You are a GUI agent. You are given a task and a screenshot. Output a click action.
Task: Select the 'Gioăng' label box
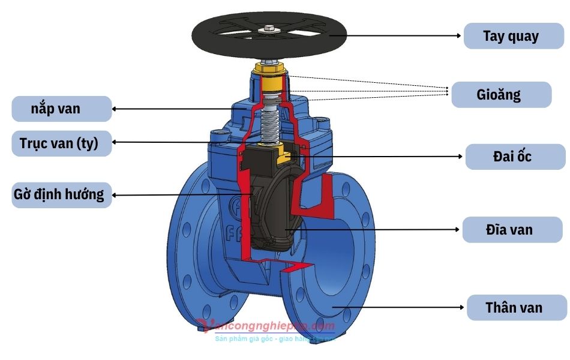[501, 95]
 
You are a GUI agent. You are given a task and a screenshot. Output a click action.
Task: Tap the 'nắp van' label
[62, 109]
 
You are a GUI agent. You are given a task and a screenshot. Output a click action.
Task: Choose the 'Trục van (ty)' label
[62, 143]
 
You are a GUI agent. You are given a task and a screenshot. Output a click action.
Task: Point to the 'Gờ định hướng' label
[62, 195]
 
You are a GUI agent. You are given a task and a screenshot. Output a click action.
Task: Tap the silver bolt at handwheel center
[268, 28]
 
